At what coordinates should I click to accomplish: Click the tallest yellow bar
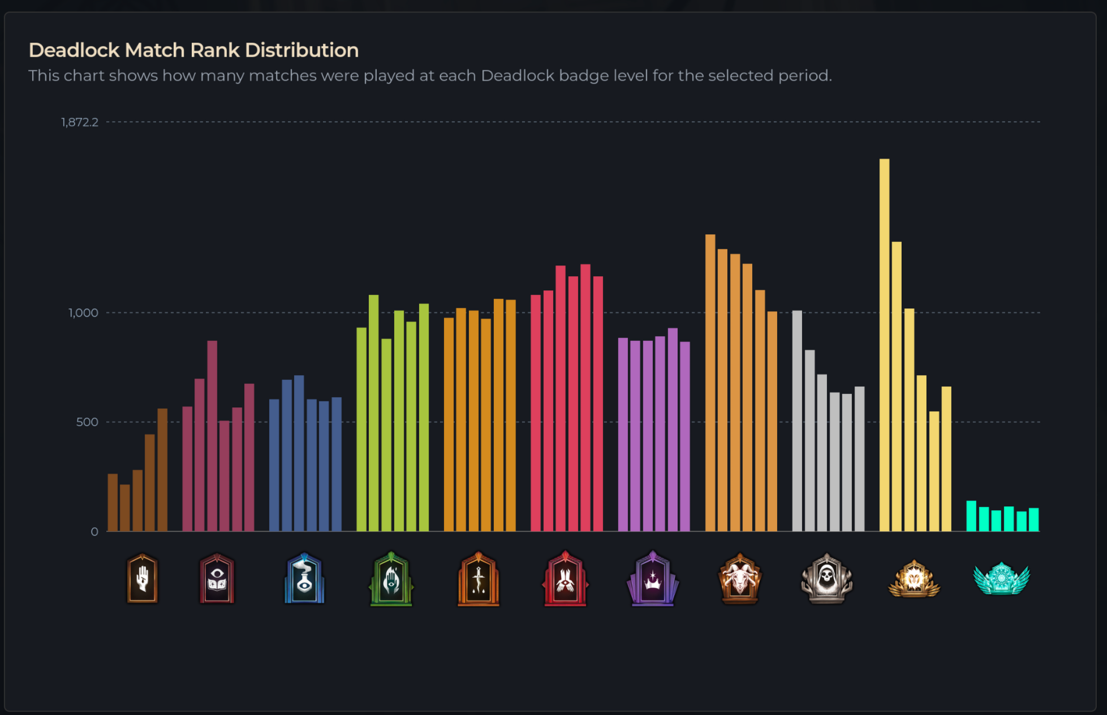884,345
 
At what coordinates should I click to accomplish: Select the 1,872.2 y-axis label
80,122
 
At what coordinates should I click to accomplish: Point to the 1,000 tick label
83,313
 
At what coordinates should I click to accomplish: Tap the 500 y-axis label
87,422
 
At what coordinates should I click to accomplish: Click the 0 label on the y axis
94,532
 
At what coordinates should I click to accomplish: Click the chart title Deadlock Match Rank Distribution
193,50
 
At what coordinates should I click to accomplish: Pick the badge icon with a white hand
143,579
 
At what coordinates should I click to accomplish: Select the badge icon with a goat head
739,579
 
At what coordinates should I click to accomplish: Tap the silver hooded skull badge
826,579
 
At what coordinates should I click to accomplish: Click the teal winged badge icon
1001,579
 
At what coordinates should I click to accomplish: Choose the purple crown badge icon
653,579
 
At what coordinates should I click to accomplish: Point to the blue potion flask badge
304,579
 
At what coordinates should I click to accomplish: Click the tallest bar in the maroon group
212,436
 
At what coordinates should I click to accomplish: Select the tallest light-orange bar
710,383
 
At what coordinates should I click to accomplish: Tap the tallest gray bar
797,421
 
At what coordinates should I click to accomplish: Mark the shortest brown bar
125,508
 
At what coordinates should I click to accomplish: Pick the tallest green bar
374,413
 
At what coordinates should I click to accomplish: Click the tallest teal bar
971,516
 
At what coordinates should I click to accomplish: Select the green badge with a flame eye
391,579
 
